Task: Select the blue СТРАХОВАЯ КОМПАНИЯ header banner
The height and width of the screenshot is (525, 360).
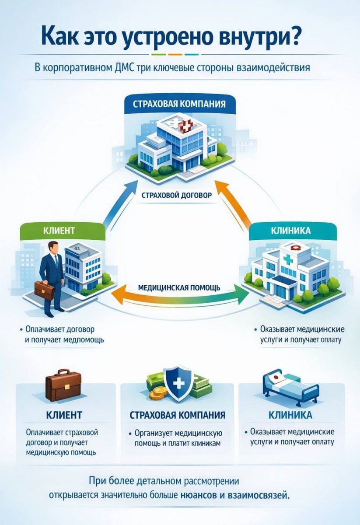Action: (x=180, y=105)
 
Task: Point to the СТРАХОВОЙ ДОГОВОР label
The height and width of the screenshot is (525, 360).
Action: (x=176, y=195)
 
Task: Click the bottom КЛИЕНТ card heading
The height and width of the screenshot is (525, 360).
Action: (x=64, y=414)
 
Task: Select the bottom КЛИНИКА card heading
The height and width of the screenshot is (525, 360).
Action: (x=290, y=414)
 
